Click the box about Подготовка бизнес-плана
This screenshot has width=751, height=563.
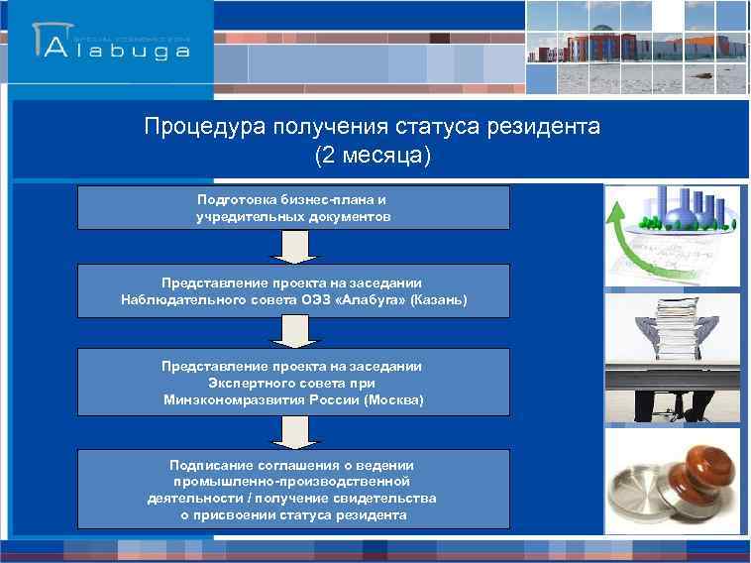coord(293,207)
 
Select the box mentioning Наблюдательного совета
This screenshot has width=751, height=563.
coord(293,290)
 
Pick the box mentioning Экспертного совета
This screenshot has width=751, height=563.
coord(293,383)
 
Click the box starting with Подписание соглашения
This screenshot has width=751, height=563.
coord(293,490)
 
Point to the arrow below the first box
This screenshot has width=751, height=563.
coord(292,247)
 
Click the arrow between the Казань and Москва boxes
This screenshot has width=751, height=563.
coord(292,332)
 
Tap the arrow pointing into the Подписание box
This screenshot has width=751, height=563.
coord(292,431)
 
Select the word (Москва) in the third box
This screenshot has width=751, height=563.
coord(393,399)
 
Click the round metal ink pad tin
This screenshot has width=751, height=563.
coord(645,500)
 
